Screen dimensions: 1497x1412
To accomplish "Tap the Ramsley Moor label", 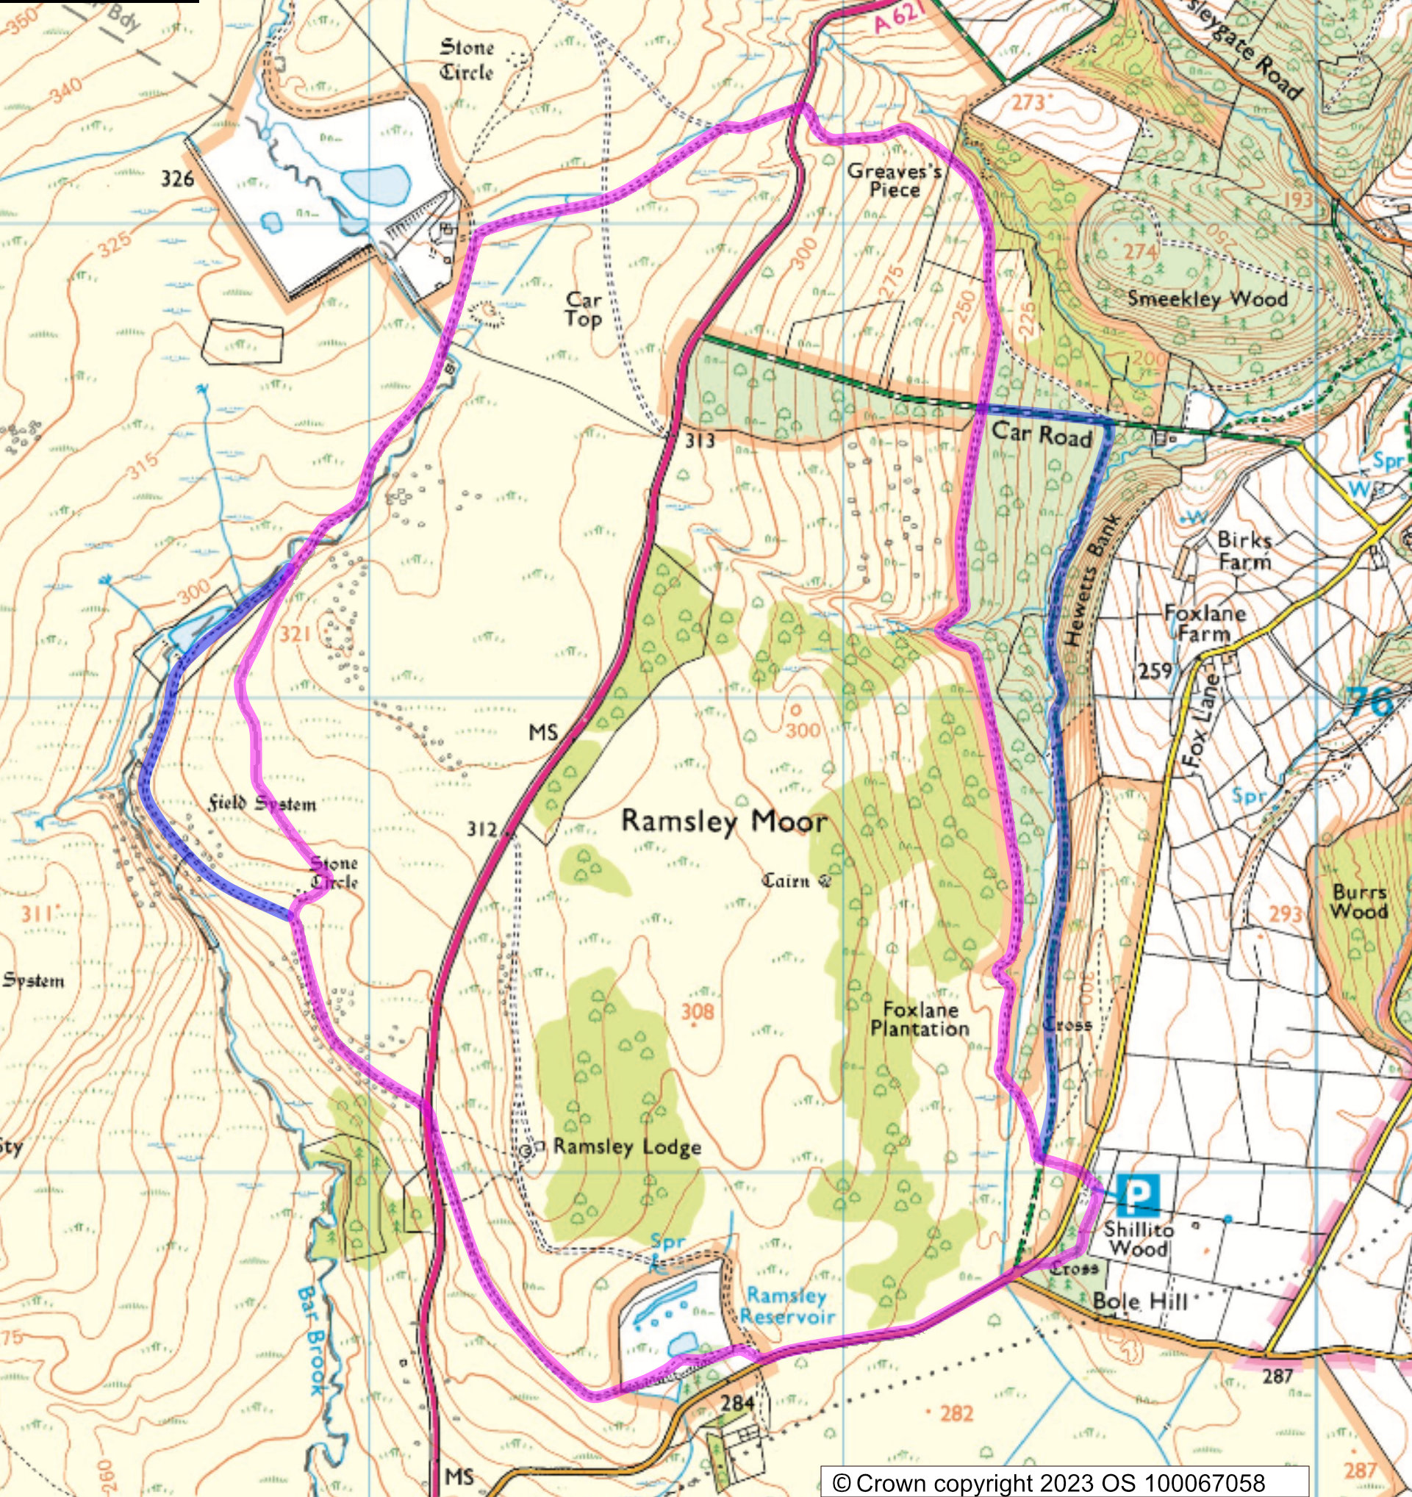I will pyautogui.click(x=723, y=822).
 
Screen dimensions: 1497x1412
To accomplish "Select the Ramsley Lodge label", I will pyautogui.click(x=626, y=1147).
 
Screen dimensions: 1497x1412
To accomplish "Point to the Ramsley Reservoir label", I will pyautogui.click(x=787, y=1306).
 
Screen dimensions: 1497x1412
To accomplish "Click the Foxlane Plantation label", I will pyautogui.click(x=920, y=1019).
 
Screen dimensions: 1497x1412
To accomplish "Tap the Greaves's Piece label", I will pyautogui.click(x=895, y=180).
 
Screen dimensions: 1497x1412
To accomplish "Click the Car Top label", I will pyautogui.click(x=584, y=309).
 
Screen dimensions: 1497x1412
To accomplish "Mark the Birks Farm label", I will pyautogui.click(x=1244, y=550).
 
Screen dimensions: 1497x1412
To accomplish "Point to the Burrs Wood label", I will pyautogui.click(x=1359, y=902).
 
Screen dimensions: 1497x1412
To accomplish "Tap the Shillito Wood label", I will pyautogui.click(x=1139, y=1239).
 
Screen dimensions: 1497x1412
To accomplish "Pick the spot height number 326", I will pyautogui.click(x=177, y=179).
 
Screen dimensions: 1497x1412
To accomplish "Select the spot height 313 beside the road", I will pyautogui.click(x=699, y=441).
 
